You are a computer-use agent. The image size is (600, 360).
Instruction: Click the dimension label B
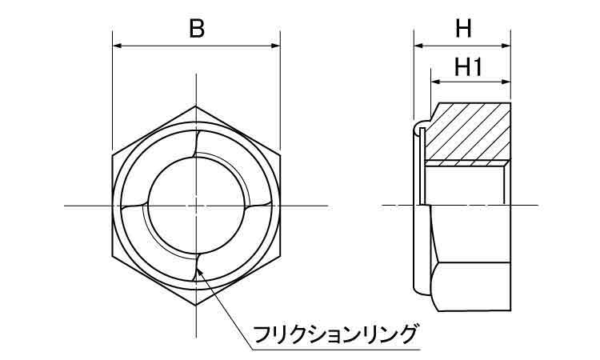point(197,28)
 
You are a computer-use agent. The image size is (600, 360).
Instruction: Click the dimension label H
point(463,28)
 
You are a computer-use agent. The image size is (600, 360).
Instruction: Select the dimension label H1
point(468,66)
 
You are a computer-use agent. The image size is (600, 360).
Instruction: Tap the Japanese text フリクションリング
point(335,334)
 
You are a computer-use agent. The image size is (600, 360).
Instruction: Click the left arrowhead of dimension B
point(117,46)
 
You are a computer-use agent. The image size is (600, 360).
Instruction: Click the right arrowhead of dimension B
point(275,46)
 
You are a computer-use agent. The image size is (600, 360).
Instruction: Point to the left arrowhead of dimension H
point(418,46)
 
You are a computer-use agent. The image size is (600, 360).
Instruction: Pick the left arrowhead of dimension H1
point(435,82)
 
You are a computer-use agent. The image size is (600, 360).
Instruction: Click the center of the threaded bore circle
point(196,206)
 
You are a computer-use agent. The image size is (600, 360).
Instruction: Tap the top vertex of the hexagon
point(196,106)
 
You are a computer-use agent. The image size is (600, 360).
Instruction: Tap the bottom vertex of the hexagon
point(196,305)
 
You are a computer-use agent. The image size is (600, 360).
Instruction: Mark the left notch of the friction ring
point(134,206)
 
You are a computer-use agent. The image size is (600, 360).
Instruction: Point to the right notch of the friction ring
point(259,206)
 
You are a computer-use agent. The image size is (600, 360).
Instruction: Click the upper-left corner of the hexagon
point(113,155)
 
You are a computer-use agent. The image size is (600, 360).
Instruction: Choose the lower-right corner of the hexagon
point(280,256)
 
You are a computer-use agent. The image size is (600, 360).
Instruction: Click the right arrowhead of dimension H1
point(506,82)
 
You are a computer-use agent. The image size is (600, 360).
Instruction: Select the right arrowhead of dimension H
point(506,46)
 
